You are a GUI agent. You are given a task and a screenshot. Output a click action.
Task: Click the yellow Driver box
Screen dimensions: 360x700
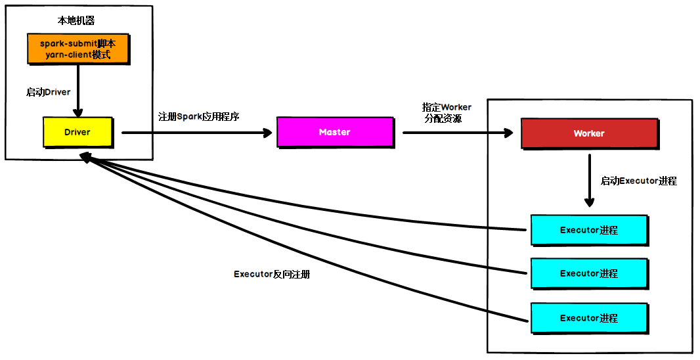[x=77, y=132]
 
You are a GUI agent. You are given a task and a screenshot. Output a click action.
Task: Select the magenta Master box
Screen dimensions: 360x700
[x=334, y=132]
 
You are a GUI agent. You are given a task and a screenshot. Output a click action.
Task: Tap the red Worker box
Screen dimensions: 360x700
[x=589, y=133]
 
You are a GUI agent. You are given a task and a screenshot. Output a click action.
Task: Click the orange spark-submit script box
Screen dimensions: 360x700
[x=77, y=49]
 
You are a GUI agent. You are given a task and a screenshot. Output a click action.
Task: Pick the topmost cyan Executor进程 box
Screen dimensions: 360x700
[x=589, y=230]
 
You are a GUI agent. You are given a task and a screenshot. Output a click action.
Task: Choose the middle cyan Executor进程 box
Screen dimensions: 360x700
[x=589, y=273]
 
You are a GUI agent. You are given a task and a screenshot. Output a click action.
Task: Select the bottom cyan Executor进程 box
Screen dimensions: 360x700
[x=589, y=318]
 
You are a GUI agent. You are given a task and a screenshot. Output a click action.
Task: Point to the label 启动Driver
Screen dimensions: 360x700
[x=48, y=92]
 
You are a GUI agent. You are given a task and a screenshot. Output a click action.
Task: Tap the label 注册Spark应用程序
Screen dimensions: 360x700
[x=198, y=117]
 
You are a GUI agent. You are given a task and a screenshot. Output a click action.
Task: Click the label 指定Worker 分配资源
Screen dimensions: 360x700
[x=447, y=112]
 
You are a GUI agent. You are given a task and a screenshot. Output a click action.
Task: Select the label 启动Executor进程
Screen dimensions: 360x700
[x=638, y=181]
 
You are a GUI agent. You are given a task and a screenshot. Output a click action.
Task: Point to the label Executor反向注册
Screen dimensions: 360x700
[x=271, y=275]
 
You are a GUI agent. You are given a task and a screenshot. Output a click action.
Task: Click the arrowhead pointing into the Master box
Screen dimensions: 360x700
[x=267, y=133]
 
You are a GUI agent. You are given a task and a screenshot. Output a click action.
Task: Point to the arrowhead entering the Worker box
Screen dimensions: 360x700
[x=508, y=133]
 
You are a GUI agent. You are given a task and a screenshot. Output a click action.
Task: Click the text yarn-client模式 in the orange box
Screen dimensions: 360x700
[x=77, y=55]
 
